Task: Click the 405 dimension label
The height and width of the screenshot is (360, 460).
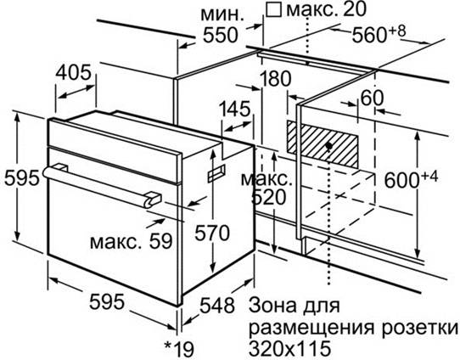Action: pos(73,72)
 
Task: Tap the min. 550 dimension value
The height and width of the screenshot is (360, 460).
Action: pos(220,35)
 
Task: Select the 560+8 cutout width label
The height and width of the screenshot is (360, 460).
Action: pos(379,33)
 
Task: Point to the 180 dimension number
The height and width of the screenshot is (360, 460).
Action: pos(275,79)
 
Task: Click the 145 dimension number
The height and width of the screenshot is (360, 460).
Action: pos(235,109)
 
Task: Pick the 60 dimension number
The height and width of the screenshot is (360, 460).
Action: pos(372,98)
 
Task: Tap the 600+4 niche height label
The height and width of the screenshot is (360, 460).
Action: pos(411,179)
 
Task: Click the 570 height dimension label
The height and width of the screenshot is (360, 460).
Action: pos(212,233)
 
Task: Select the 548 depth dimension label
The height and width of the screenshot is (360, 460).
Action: pos(217,306)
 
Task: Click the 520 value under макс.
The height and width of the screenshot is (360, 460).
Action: pos(268,198)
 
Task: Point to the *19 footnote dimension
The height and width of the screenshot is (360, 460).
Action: pos(179,349)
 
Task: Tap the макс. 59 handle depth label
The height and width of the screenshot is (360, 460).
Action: pos(132,241)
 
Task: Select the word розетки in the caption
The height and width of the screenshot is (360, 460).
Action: pos(419,328)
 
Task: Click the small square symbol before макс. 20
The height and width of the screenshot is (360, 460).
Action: pos(273,9)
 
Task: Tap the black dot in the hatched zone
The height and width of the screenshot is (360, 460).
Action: pos(328,145)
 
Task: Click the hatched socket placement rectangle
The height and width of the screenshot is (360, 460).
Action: pos(323,143)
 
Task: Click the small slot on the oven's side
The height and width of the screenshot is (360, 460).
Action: pos(216,173)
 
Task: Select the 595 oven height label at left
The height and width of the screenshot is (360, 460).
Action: pos(21,177)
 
